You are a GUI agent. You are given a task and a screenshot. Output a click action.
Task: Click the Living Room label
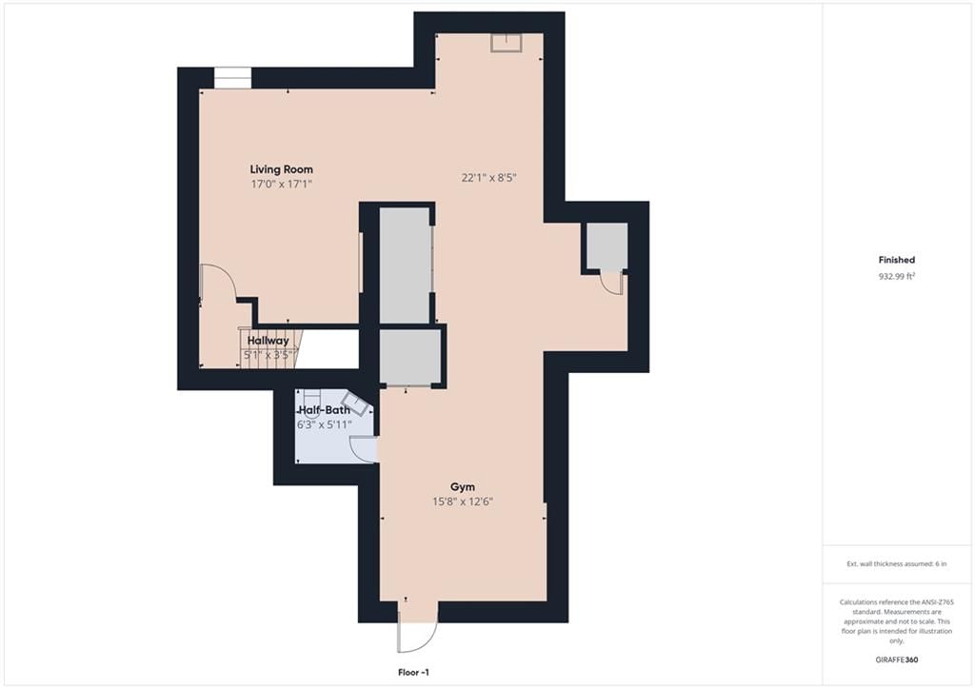point(281,169)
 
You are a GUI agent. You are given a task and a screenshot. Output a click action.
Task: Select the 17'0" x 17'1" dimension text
point(281,184)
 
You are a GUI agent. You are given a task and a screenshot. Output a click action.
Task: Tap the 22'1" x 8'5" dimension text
point(488,178)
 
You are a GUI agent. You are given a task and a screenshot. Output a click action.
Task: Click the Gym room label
point(463,487)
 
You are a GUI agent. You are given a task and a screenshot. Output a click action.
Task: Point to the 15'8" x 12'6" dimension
point(463,501)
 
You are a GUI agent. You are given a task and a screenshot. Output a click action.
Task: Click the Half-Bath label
point(324,410)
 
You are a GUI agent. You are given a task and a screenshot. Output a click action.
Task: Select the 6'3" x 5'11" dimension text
point(324,424)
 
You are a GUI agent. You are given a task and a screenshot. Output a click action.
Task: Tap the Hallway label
point(268,341)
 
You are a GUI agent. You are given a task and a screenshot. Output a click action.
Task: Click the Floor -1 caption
point(413,673)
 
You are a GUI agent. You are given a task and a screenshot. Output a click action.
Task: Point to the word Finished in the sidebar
point(897,260)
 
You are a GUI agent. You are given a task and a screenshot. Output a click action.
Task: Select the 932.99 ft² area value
point(897,277)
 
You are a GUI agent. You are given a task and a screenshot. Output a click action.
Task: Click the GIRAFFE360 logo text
point(897,659)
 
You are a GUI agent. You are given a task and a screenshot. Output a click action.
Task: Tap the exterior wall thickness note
point(897,563)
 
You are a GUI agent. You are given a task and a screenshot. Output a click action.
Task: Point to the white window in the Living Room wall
point(232,78)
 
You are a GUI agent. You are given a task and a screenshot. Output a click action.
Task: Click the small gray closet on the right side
point(607,246)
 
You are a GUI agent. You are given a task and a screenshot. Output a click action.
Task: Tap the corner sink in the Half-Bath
point(357,404)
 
